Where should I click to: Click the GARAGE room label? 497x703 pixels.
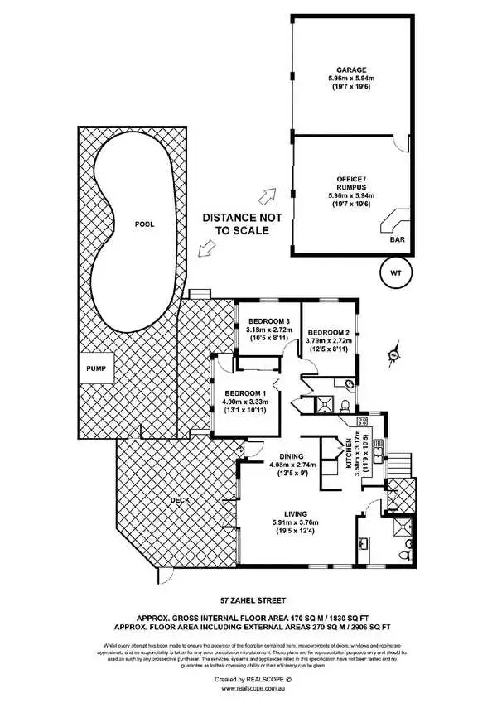(350, 70)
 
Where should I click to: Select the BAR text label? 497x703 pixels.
(398, 241)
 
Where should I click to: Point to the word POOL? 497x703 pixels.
(144, 224)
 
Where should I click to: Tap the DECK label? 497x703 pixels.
(181, 500)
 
